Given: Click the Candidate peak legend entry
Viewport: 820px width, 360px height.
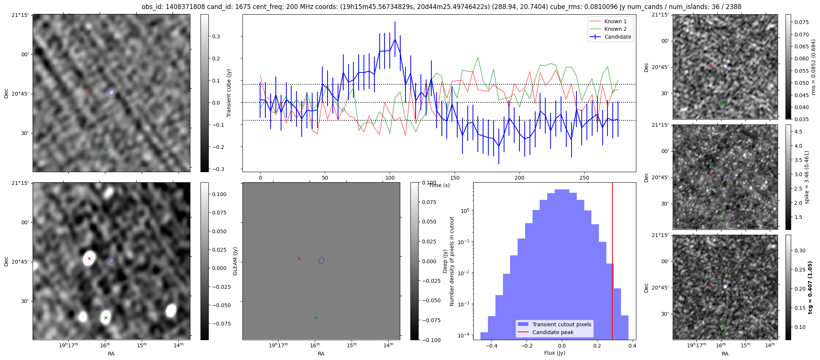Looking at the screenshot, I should point(553,332).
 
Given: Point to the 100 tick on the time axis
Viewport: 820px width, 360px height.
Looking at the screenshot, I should point(390,178).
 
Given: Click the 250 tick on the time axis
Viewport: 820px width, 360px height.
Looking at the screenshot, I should point(584,178).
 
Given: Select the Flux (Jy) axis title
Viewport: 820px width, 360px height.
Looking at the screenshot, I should point(554,353).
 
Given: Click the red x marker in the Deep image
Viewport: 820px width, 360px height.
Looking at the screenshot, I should point(89,258).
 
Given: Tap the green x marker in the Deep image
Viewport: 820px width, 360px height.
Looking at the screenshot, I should point(106,318).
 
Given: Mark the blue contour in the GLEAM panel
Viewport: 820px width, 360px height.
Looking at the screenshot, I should point(321,260).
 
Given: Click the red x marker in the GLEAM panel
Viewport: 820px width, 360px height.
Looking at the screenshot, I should point(299,258).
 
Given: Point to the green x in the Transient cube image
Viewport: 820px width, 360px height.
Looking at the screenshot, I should point(106,150).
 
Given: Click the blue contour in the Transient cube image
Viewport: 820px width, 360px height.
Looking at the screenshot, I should point(111,92).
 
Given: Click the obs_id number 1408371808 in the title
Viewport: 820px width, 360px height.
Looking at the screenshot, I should point(183,7).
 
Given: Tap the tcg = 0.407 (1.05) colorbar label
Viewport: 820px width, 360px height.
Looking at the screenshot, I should point(810,288).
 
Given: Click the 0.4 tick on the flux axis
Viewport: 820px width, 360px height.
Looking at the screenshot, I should point(632,346).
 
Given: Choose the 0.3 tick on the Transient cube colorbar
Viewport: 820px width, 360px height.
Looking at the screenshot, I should point(216,36).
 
